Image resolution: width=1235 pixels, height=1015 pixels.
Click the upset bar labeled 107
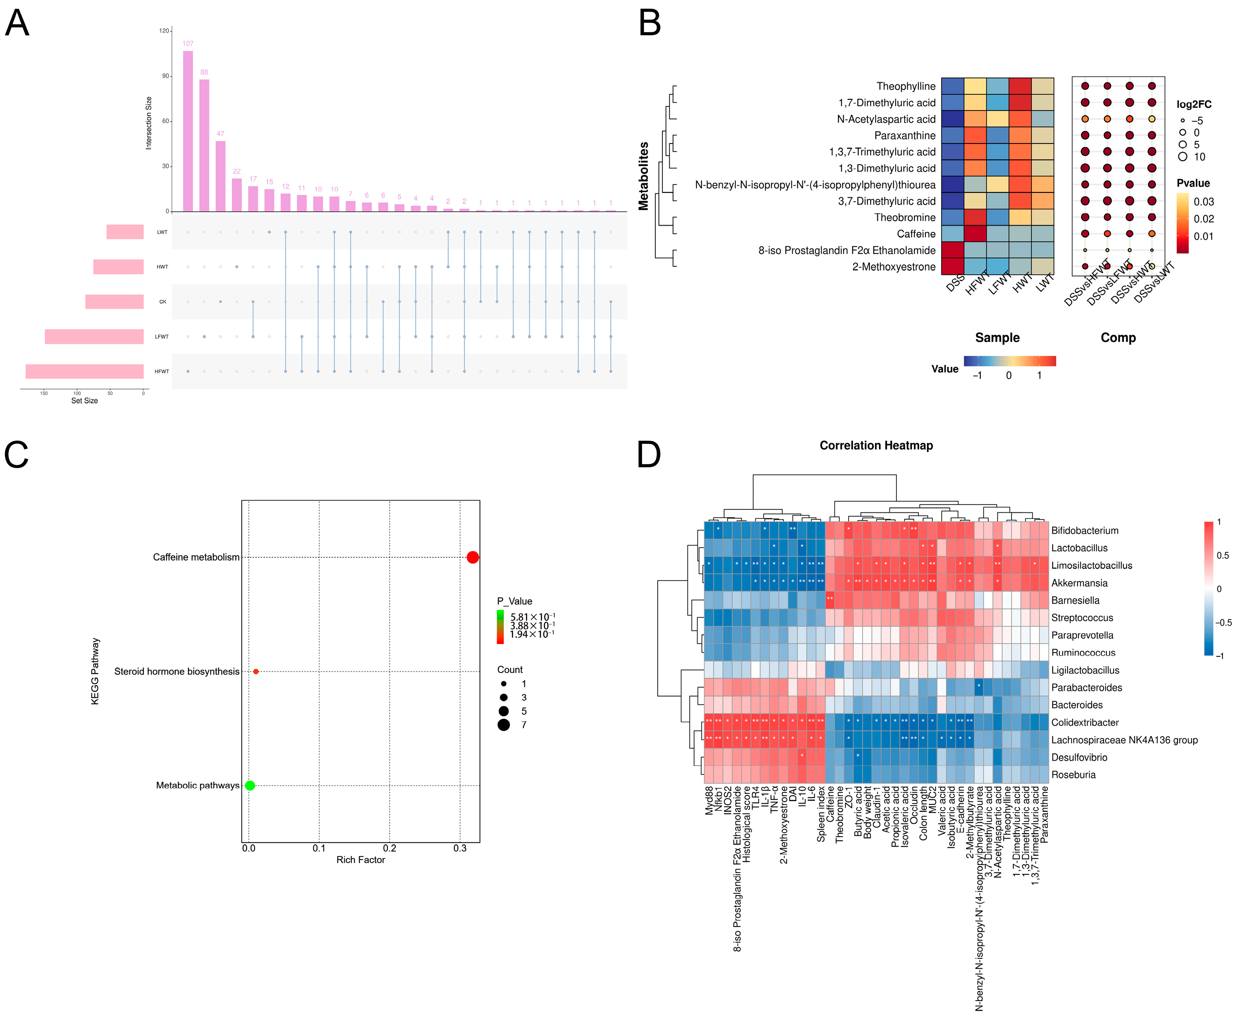point(188,131)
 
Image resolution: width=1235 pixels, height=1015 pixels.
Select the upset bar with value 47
point(220,176)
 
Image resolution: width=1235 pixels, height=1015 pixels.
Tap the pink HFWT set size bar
point(85,371)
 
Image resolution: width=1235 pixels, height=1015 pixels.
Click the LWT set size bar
point(125,232)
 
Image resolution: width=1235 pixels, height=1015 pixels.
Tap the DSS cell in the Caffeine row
point(952,234)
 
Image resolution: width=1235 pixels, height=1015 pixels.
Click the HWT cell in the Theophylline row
point(1020,86)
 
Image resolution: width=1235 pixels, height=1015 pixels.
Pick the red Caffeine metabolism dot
point(473,557)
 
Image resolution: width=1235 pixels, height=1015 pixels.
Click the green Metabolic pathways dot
point(249,785)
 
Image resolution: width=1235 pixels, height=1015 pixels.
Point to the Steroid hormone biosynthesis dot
point(256,671)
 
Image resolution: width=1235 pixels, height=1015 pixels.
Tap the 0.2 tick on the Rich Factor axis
point(390,848)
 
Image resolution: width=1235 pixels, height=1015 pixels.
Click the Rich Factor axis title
point(361,860)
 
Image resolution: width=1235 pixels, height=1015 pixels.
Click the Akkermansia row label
point(1079,583)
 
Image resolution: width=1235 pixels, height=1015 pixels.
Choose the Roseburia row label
point(1073,775)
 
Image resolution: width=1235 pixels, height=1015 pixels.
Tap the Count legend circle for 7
point(504,725)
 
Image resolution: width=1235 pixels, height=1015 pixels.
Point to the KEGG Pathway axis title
point(95,671)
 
